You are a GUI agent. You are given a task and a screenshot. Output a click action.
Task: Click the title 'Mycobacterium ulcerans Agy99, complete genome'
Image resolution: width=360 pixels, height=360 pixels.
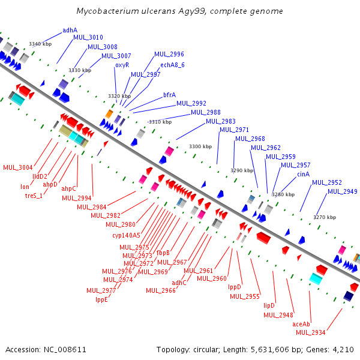coord(180,11)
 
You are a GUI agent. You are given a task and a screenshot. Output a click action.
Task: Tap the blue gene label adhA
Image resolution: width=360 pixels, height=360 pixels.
coord(70,30)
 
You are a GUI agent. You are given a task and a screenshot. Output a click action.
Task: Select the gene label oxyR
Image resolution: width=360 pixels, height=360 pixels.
coord(122,65)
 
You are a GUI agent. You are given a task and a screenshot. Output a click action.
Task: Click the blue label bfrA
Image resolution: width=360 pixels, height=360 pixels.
coord(169,95)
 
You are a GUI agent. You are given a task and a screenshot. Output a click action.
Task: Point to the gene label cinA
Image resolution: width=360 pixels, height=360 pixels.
coord(303,174)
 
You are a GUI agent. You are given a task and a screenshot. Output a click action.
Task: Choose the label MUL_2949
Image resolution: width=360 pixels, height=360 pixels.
coord(343,192)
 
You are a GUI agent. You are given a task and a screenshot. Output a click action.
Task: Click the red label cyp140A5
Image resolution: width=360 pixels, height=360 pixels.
coord(126,235)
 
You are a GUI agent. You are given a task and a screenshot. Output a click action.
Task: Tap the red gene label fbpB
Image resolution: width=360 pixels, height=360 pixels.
coord(163,253)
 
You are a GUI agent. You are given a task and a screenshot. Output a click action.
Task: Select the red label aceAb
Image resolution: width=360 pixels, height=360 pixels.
coord(301,324)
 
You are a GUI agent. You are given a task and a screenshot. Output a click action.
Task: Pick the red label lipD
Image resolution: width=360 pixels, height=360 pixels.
coord(269,305)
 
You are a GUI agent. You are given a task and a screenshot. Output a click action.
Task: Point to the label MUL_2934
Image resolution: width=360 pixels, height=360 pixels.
coord(310,332)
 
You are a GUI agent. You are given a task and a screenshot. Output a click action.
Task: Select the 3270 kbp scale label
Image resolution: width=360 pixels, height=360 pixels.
coord(325,217)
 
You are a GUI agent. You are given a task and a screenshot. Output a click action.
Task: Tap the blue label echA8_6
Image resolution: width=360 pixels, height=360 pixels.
coord(172,65)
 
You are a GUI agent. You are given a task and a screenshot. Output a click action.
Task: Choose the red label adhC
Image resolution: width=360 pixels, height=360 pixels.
coord(179,283)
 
